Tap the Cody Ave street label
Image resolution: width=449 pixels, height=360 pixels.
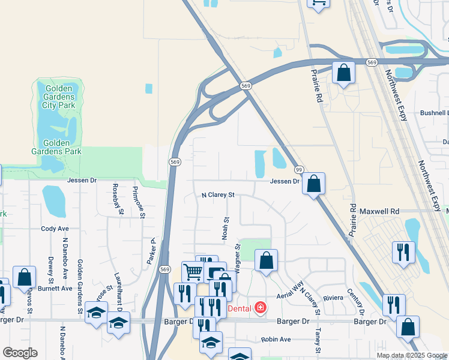pyautogui.click(x=55, y=229)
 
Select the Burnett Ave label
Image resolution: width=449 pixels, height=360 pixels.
pyautogui.click(x=55, y=288)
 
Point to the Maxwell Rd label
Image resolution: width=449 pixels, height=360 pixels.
pyautogui.click(x=379, y=212)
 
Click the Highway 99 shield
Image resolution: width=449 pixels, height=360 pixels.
pyautogui.click(x=299, y=170)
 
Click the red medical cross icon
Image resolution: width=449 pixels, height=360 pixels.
pyautogui.click(x=260, y=308)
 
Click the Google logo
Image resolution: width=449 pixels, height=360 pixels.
pyautogui.click(x=20, y=353)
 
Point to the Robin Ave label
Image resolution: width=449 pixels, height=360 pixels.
pyautogui.click(x=276, y=339)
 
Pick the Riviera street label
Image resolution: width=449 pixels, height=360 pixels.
pyautogui.click(x=334, y=298)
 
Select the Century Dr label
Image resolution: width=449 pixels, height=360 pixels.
pyautogui.click(x=355, y=302)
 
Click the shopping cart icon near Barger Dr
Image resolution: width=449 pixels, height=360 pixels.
pyautogui.click(x=193, y=272)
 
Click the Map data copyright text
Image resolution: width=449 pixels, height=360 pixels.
pyautogui.click(x=412, y=355)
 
